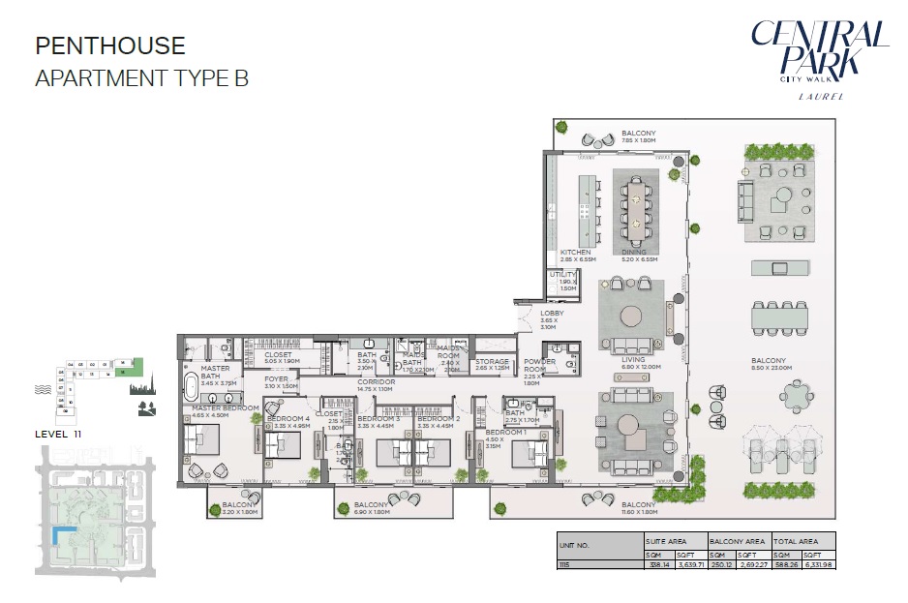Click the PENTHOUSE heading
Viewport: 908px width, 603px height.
110,45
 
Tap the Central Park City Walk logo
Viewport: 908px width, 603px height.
819,53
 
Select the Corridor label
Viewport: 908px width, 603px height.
377,383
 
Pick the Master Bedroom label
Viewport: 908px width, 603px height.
226,409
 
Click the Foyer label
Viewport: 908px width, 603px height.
277,380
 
